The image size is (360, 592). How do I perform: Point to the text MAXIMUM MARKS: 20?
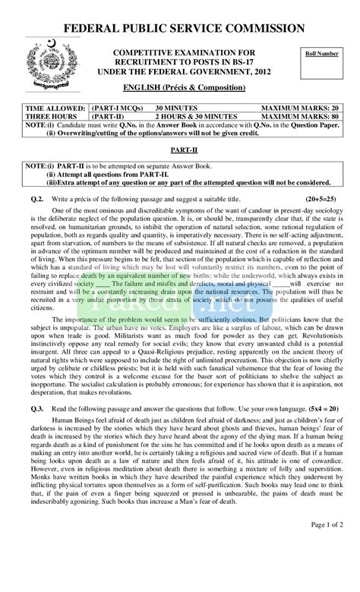(298, 109)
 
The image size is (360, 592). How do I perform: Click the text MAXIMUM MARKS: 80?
(298, 117)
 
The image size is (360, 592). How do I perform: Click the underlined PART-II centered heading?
(179, 151)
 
